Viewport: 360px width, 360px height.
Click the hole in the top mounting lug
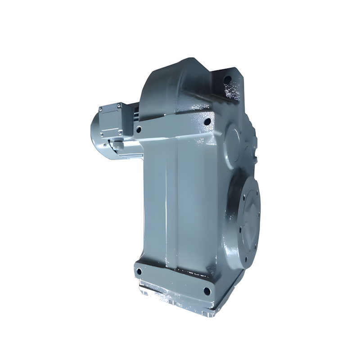(x=228, y=80)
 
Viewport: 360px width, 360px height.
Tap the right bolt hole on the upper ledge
(x=207, y=121)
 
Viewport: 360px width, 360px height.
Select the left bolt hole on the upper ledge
(x=139, y=129)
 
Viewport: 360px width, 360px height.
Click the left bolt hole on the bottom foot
(x=139, y=272)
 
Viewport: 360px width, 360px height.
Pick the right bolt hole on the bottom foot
(x=207, y=291)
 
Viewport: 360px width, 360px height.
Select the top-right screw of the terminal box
(x=120, y=105)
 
